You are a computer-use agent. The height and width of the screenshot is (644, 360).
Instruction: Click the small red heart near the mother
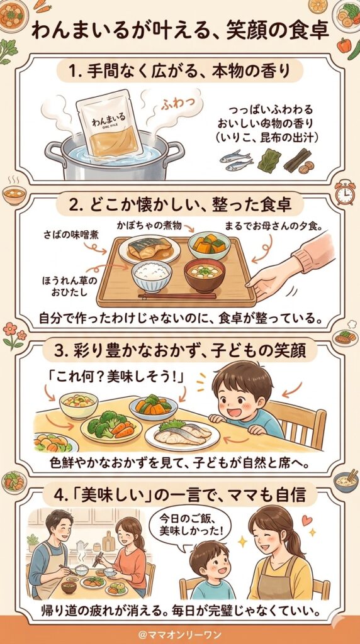307,521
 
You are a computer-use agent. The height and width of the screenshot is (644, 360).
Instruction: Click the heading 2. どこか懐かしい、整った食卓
180,206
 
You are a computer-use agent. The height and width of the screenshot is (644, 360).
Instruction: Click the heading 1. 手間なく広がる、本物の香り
180,72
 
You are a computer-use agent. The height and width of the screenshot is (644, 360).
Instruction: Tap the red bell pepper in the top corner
344,45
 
